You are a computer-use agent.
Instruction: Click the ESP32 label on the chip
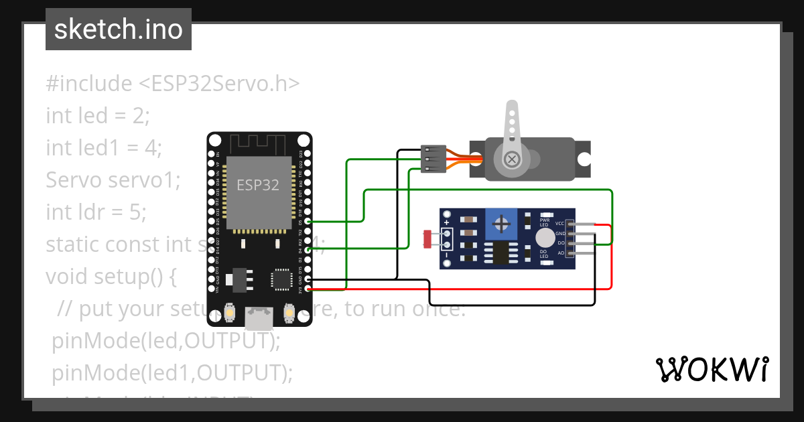(258, 185)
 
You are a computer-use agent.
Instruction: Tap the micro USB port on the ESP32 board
(259, 318)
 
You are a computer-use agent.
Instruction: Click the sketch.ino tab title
(118, 29)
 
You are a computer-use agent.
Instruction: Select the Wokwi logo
(712, 370)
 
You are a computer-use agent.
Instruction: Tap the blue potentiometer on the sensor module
(501, 223)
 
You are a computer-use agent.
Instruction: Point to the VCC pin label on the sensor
(559, 223)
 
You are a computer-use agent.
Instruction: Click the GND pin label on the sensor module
(559, 233)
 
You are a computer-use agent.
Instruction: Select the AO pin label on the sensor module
(560, 253)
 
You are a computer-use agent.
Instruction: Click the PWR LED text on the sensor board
(544, 222)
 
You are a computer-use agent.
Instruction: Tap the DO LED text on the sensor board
(544, 254)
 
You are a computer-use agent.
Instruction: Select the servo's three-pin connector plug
(433, 159)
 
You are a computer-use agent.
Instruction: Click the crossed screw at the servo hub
(512, 159)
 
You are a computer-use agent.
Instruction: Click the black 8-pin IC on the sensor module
(500, 253)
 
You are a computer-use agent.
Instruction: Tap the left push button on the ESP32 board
(229, 311)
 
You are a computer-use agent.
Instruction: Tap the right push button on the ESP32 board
(289, 311)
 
